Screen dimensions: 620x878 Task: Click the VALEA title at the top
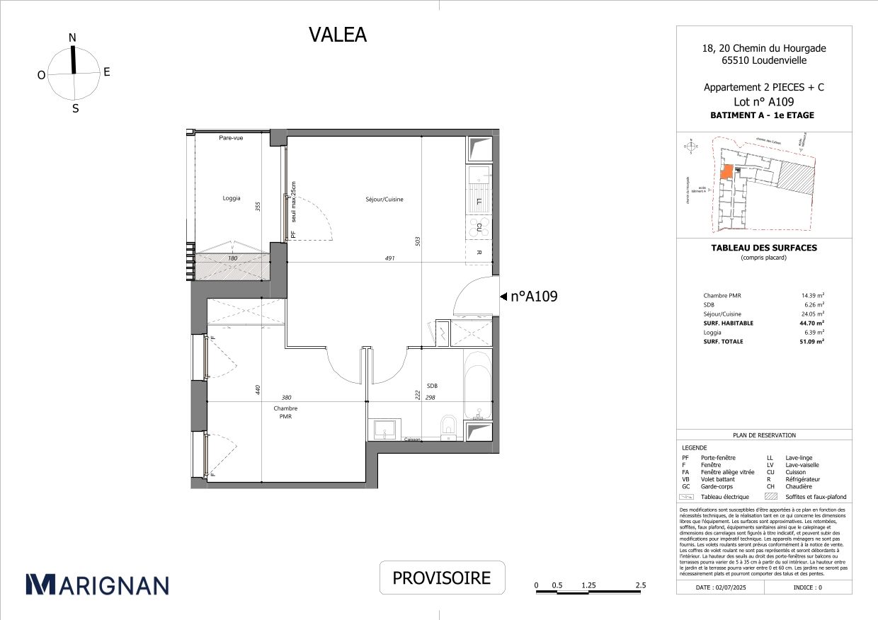click(338, 35)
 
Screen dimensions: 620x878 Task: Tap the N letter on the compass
click(72, 38)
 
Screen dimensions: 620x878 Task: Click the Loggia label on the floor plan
click(232, 198)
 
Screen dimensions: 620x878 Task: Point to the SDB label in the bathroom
click(432, 386)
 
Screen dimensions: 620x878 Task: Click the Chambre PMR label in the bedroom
click(285, 413)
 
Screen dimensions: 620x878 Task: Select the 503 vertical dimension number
click(418, 241)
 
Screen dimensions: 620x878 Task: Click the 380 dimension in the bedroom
click(286, 398)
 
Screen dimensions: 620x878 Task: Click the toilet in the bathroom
click(448, 426)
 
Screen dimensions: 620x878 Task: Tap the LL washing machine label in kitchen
click(479, 202)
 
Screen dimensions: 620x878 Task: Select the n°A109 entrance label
click(534, 297)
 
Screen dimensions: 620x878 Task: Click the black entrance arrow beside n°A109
click(503, 297)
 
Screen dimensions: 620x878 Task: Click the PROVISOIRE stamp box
click(442, 578)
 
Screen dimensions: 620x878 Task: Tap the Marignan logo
click(97, 584)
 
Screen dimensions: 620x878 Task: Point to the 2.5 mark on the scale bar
click(641, 585)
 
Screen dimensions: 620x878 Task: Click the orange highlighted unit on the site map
click(726, 173)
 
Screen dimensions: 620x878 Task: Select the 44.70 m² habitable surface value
click(810, 323)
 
